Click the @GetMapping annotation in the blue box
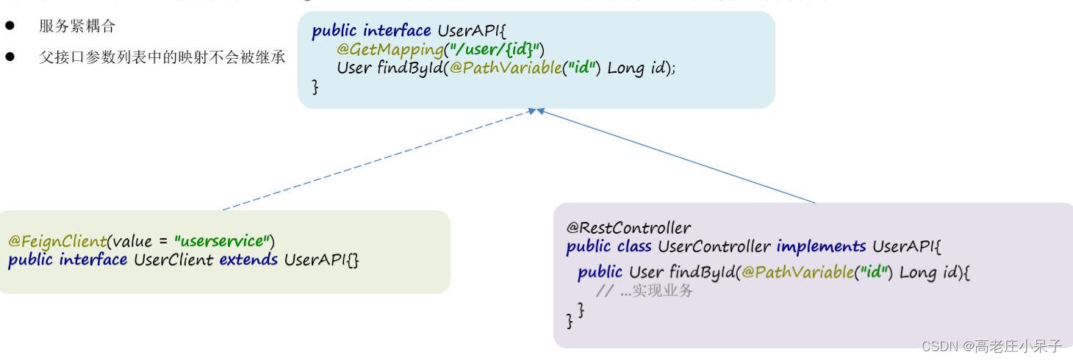click(389, 49)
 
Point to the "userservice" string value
click(221, 241)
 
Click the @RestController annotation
click(628, 228)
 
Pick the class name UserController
click(714, 247)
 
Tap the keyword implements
click(822, 247)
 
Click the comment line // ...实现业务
click(645, 291)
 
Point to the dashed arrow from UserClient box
click(375, 160)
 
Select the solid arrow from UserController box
click(676, 156)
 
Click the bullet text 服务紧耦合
click(77, 26)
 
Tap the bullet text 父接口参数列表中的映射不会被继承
click(162, 57)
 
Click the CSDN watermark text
click(991, 346)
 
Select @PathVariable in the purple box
click(797, 273)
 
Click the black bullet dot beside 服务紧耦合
click(10, 26)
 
